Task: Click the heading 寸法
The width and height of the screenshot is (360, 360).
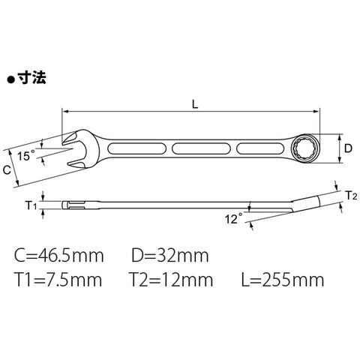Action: coord(31,77)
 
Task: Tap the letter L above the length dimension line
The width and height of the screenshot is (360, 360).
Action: coord(195,103)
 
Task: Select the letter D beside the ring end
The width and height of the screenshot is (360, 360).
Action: coord(348,148)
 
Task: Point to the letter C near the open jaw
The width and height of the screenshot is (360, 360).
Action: coord(7,169)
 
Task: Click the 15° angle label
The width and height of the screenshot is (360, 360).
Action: coord(26,156)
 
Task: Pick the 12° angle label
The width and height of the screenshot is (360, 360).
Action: coord(233,218)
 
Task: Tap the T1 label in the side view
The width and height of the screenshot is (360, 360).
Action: coord(31,205)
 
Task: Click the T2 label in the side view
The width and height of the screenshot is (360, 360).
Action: coord(351,196)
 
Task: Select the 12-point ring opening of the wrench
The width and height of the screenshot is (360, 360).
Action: coord(305,149)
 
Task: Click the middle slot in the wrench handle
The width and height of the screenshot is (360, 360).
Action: coord(201,148)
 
